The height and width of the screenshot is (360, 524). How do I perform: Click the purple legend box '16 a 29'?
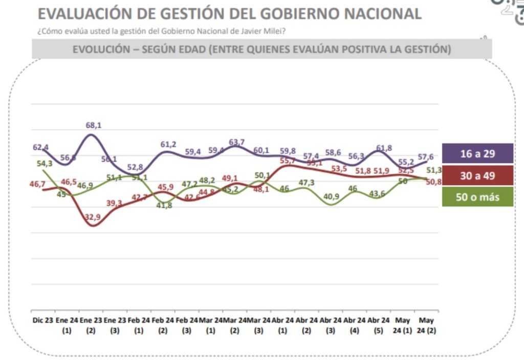(477, 153)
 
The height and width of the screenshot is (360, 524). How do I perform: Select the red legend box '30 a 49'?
(477, 175)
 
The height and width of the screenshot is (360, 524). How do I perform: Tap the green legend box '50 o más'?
(477, 197)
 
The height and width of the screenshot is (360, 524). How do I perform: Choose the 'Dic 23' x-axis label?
(42, 320)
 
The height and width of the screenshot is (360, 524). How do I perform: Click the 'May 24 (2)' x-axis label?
(426, 325)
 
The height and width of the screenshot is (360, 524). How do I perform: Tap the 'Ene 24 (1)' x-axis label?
(66, 325)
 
